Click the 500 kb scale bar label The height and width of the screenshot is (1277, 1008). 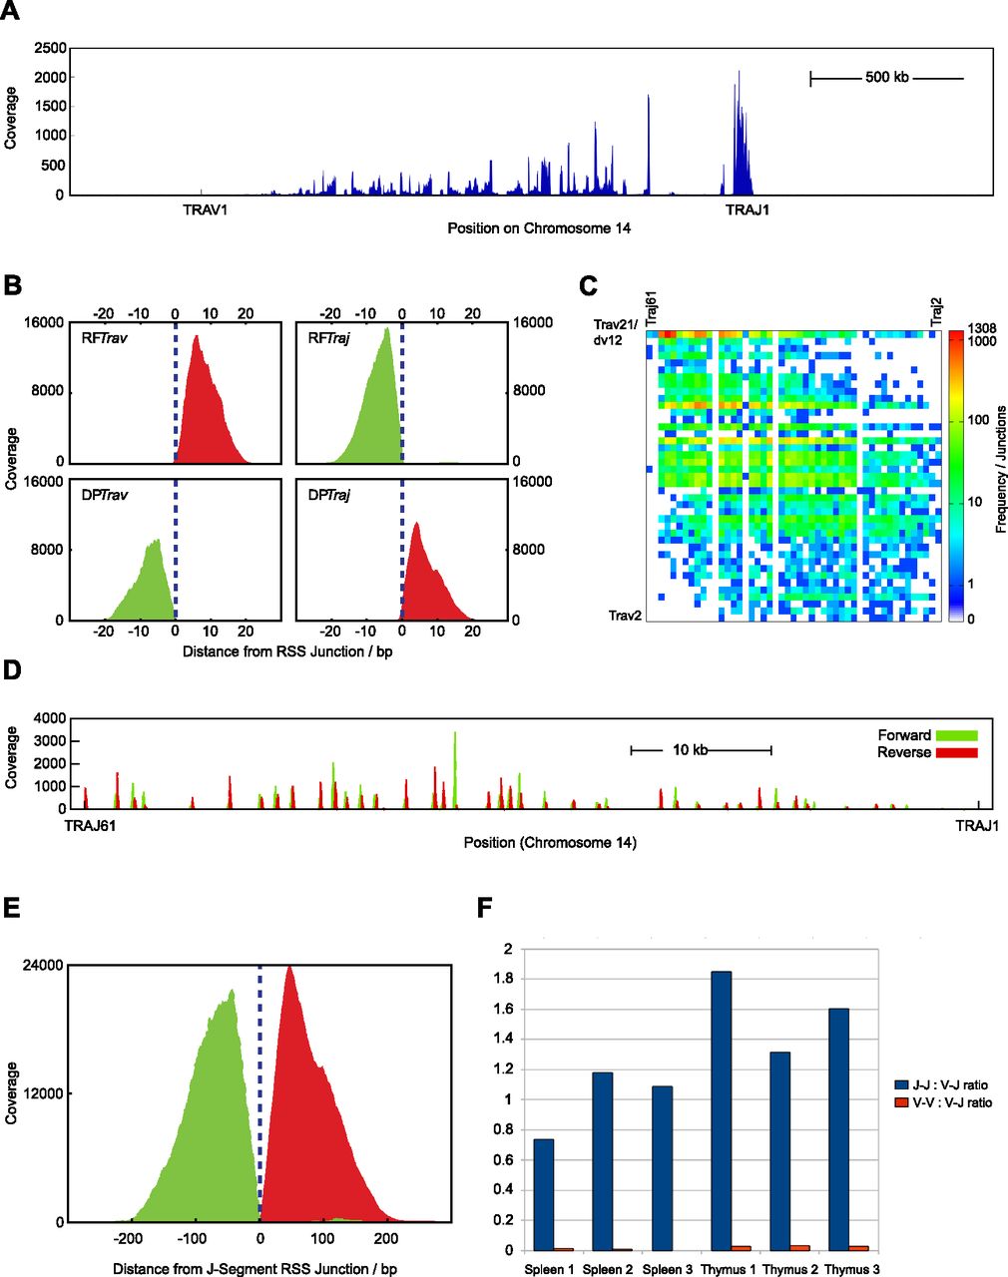click(886, 77)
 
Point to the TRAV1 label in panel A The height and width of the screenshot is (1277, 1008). click(205, 210)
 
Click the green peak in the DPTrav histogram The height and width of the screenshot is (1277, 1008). click(156, 544)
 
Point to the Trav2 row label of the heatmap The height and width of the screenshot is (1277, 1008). click(625, 616)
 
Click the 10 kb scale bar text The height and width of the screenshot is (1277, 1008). click(689, 749)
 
